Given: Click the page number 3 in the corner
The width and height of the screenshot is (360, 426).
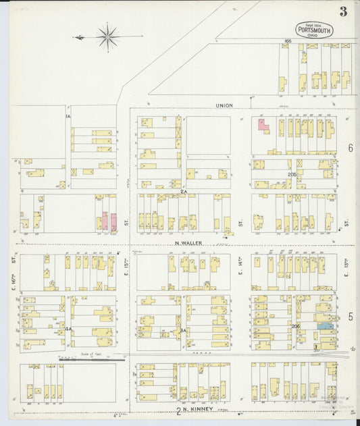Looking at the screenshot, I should (x=344, y=11).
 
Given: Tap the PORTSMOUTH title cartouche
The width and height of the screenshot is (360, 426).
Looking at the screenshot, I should (x=314, y=30).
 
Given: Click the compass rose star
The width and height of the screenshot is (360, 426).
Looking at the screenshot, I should (x=108, y=37).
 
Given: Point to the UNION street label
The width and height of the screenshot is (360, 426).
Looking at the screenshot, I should (x=224, y=105).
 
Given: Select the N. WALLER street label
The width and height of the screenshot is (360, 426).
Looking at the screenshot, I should (x=188, y=243).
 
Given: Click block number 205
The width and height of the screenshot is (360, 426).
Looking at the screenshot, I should (x=292, y=174).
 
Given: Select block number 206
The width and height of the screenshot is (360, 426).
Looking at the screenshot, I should (x=294, y=325).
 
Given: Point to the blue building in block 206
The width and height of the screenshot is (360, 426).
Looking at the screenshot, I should (x=325, y=325).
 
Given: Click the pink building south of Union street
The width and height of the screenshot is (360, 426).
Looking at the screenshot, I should (x=262, y=124).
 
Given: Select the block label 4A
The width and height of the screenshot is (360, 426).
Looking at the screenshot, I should (x=68, y=329).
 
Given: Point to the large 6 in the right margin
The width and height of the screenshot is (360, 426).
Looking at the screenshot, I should (x=351, y=147).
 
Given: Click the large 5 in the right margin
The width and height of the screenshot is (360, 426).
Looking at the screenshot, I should (x=351, y=316).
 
